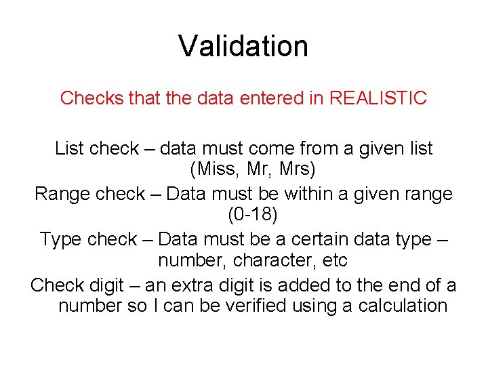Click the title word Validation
[x=243, y=46]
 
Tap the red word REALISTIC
[x=378, y=98]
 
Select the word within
[x=309, y=194]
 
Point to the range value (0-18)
[x=244, y=216]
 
